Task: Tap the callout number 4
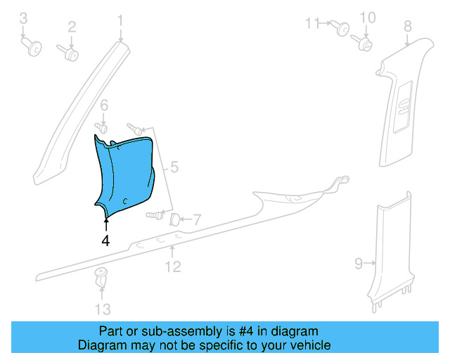105,240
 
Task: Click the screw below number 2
70,53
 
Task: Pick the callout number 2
72,27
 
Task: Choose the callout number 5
174,168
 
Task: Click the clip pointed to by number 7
175,220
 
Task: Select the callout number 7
197,220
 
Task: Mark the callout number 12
173,266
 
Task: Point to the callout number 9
359,264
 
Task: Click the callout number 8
407,27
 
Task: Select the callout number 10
368,18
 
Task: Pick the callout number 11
312,23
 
